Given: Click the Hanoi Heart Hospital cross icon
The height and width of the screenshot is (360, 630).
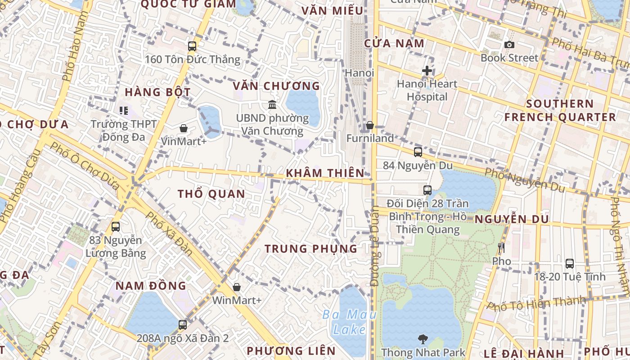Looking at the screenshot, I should tap(427, 71).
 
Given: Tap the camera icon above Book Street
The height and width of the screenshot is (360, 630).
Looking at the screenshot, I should tap(509, 45).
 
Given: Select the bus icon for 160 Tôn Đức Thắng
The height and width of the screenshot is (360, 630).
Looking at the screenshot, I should tap(192, 46).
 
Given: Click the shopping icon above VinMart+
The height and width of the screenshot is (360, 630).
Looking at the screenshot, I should tap(184, 128).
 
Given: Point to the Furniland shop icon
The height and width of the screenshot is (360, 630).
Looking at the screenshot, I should tap(370, 125).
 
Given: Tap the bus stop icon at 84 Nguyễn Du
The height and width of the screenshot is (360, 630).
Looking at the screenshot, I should tap(418, 152).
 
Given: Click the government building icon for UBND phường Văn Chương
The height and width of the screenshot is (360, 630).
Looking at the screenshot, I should tap(272, 105).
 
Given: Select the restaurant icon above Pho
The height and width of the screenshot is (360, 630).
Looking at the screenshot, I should tap(501, 248).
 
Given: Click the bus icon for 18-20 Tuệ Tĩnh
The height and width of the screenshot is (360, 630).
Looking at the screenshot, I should tap(570, 264).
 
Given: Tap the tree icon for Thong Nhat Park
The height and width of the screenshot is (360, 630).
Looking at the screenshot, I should tap(423, 339).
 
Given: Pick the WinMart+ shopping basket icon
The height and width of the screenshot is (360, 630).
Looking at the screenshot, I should tap(237, 287).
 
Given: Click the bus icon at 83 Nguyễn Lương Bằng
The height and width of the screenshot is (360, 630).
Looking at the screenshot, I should tap(116, 227).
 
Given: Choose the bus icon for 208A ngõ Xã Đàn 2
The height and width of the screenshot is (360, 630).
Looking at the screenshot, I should tap(183, 324).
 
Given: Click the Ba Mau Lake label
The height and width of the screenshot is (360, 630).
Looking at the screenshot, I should tap(349, 322).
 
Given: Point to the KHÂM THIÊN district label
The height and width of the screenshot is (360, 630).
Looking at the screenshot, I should tap(325, 173).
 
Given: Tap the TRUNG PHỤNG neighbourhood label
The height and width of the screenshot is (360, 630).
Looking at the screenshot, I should tap(310, 248).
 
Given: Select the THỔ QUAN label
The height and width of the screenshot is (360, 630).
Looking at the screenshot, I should tap(211, 194).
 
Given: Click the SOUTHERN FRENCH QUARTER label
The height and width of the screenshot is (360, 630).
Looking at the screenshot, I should tap(560, 110).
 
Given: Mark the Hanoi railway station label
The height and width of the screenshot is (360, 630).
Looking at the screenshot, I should tap(360, 72).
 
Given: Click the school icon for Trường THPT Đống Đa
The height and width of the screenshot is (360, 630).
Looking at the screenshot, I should tap(124, 110).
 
